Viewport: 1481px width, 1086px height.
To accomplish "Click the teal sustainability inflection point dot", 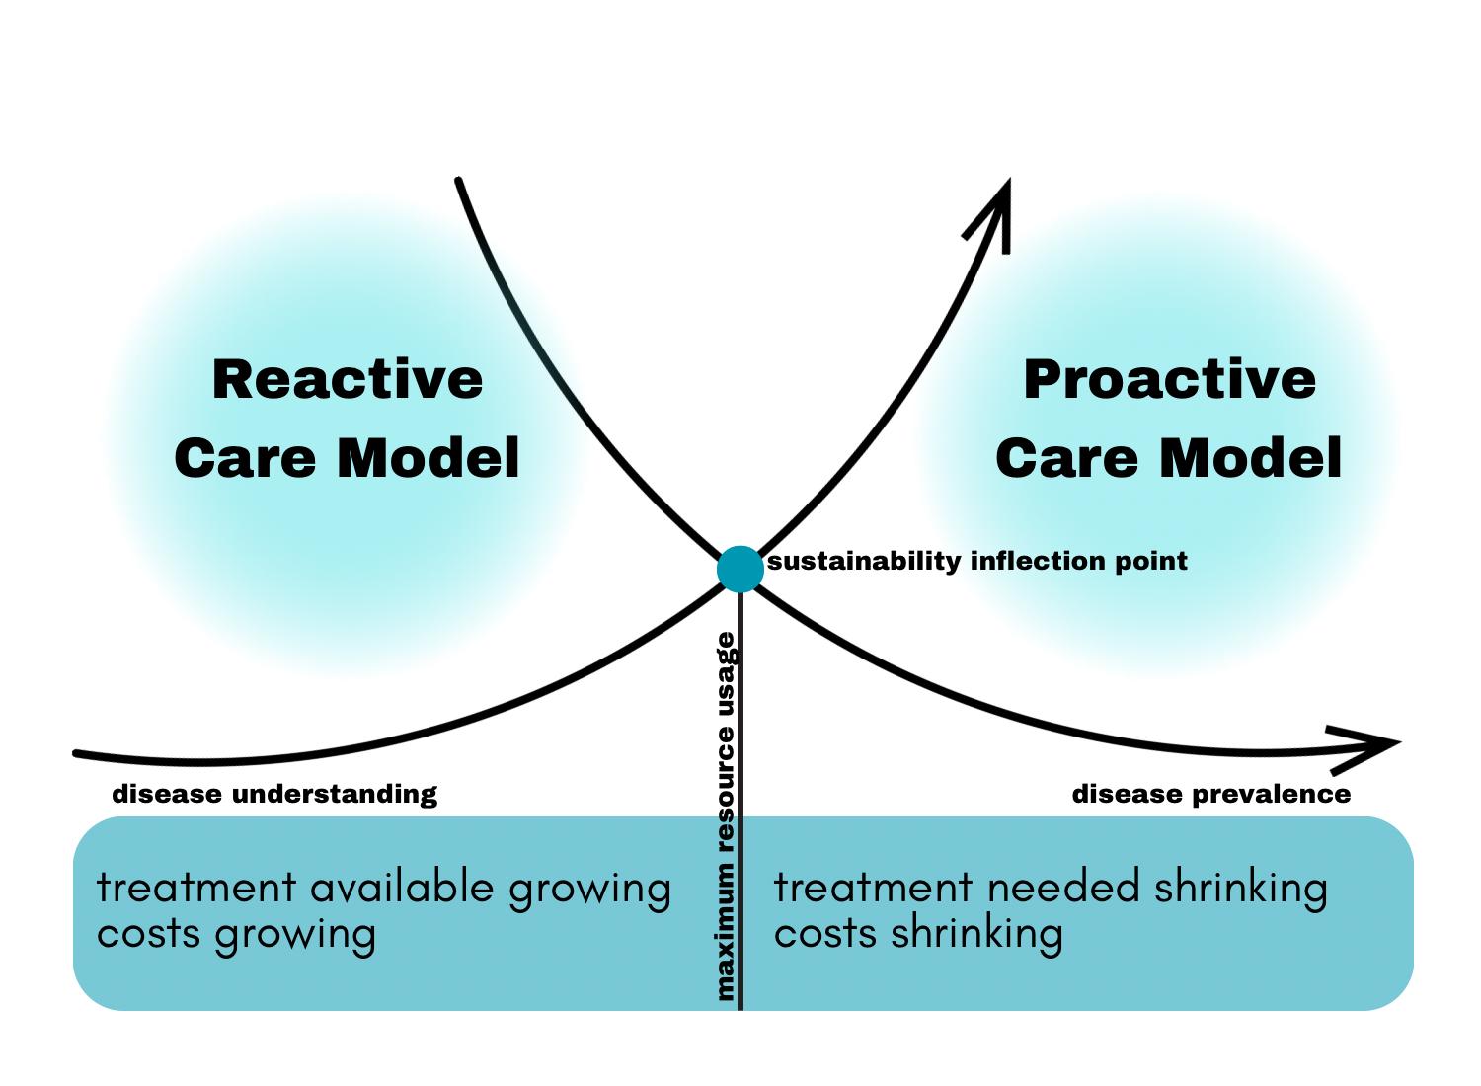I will point(740,569).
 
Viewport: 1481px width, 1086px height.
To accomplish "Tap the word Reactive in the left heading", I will point(348,380).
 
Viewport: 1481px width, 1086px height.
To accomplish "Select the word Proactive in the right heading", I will point(1169,380).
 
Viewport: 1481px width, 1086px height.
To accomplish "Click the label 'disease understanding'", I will point(274,794).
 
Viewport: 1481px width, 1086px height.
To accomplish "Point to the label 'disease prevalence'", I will point(1211,794).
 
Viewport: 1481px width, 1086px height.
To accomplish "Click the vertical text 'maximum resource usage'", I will point(726,815).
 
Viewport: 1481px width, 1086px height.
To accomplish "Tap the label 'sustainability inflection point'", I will point(977,562).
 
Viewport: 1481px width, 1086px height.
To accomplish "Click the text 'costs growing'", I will point(236,934).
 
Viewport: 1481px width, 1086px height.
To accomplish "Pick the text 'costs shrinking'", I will point(918,934).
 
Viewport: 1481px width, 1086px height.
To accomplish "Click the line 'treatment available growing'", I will point(384,888).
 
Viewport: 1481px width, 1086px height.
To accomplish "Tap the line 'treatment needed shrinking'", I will point(1051,888).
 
